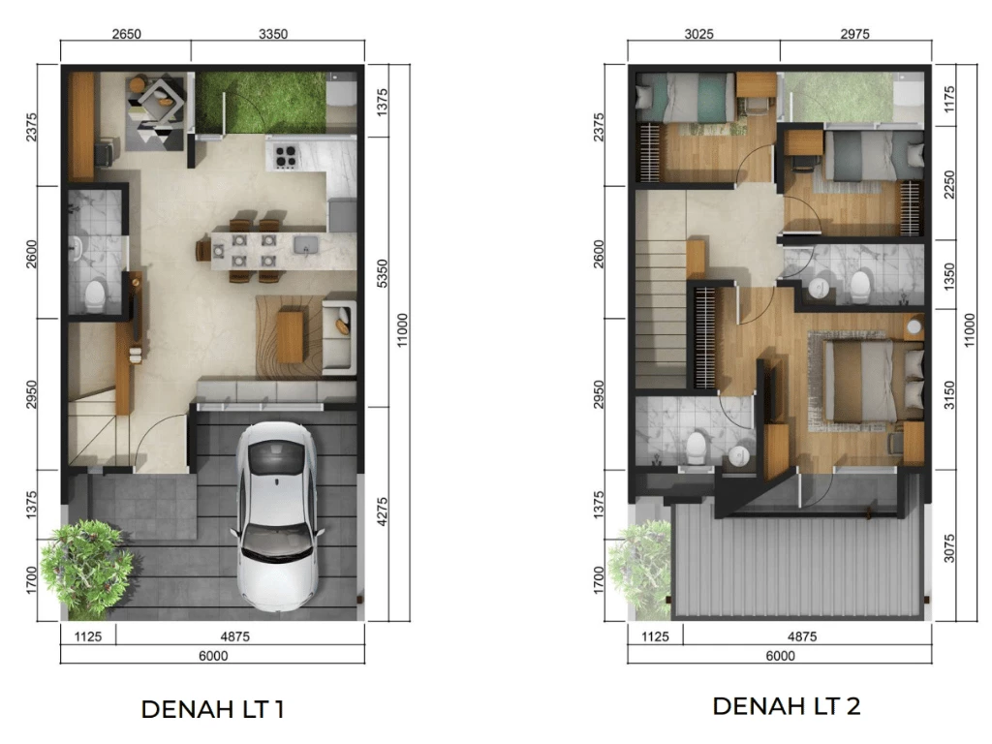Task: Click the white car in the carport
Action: click(x=277, y=515)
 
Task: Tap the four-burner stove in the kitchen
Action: click(x=285, y=156)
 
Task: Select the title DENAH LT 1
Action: click(x=212, y=709)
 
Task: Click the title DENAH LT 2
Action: click(x=787, y=706)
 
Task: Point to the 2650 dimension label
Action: click(x=127, y=34)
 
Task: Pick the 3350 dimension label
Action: click(x=273, y=34)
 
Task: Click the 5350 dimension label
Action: click(x=382, y=272)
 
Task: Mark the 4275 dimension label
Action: click(x=382, y=511)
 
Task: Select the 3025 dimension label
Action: click(x=699, y=34)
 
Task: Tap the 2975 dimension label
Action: click(x=854, y=34)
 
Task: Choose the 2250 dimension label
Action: click(x=949, y=184)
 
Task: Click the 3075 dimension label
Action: click(x=949, y=548)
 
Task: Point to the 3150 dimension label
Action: click(x=949, y=394)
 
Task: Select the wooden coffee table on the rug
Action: click(x=290, y=336)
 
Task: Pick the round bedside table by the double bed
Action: click(x=914, y=327)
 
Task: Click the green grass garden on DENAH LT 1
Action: click(x=261, y=103)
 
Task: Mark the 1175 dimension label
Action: click(x=949, y=100)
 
